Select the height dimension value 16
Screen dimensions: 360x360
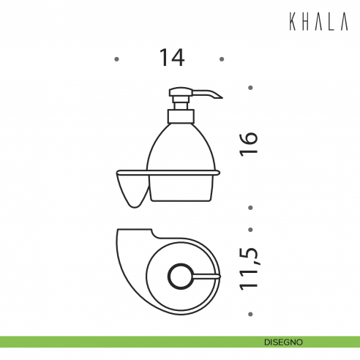click(250, 143)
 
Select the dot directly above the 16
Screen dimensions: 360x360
click(250, 88)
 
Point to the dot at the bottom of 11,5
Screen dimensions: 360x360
click(250, 313)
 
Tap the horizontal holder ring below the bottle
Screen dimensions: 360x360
click(168, 173)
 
